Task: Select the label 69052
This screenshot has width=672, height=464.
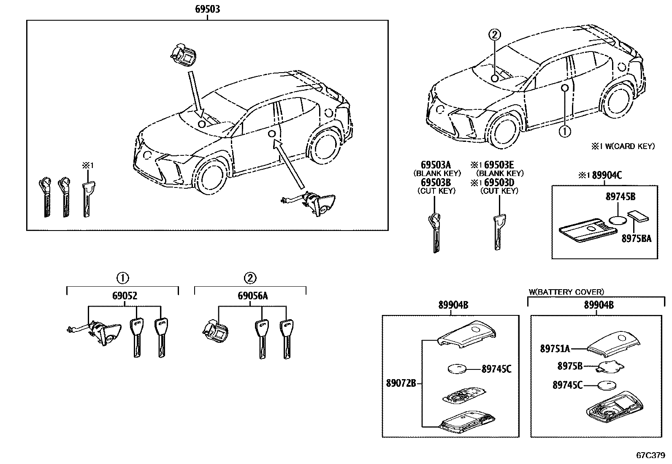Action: click(x=125, y=296)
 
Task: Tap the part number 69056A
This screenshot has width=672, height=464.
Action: click(x=252, y=296)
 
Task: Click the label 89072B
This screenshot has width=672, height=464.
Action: click(x=401, y=383)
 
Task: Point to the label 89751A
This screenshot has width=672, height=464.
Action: click(x=555, y=349)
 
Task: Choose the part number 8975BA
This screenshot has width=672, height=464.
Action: click(x=636, y=239)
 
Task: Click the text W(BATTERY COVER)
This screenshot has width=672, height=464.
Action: click(x=566, y=292)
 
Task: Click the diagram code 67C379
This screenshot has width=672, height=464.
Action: click(x=650, y=456)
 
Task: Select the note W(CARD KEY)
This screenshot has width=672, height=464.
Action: click(x=623, y=147)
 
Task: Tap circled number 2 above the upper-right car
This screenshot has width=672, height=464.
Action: click(x=495, y=35)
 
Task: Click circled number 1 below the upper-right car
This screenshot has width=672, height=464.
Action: click(x=564, y=131)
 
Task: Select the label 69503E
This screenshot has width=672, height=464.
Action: click(x=504, y=165)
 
